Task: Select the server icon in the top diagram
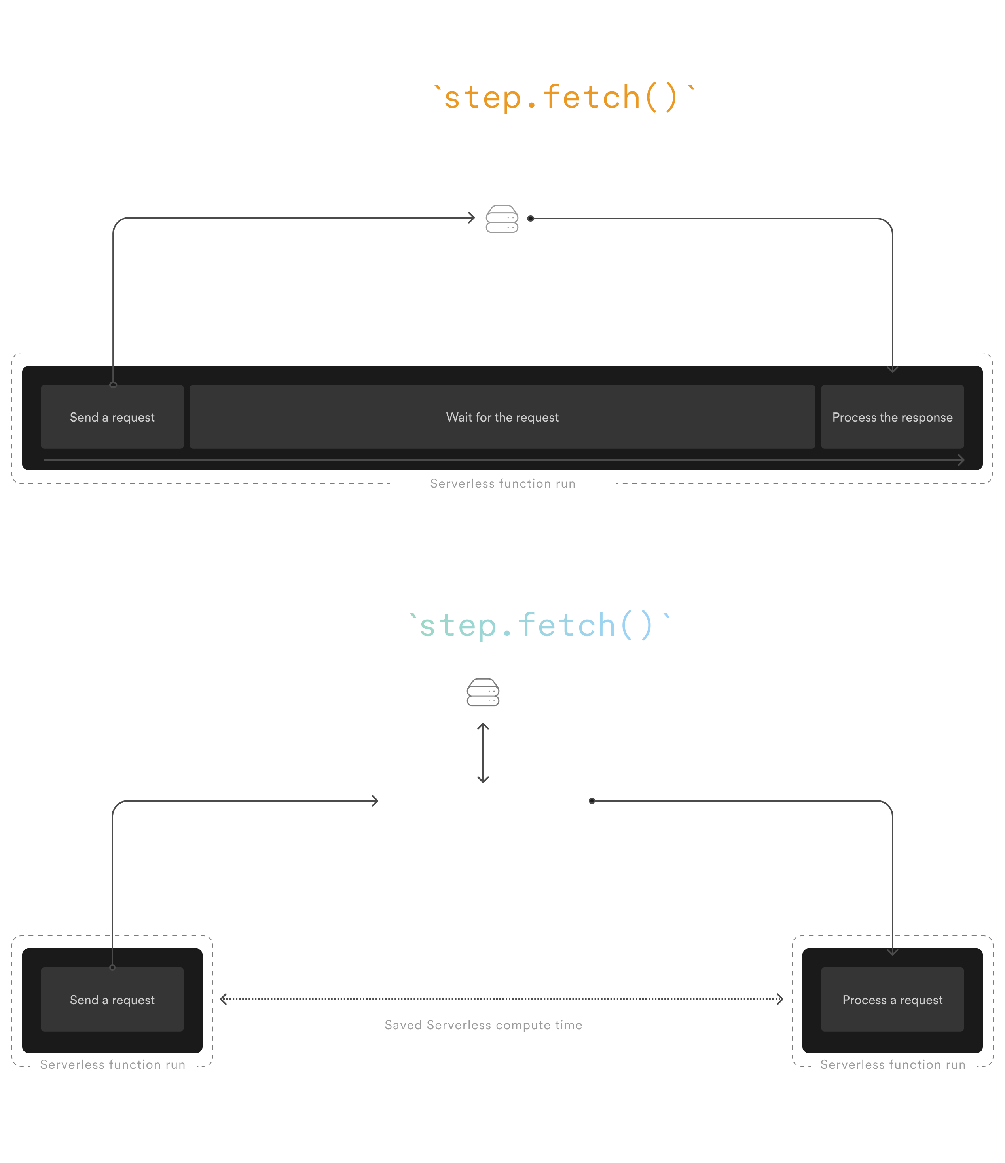(x=502, y=219)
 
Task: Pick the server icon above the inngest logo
(x=483, y=692)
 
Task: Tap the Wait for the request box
(x=502, y=417)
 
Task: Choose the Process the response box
(x=892, y=417)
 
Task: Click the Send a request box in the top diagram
(x=112, y=417)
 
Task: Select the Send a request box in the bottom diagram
(x=112, y=1000)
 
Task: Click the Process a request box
(x=892, y=1000)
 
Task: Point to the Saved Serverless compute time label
(x=483, y=1025)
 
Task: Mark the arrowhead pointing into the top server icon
(x=471, y=218)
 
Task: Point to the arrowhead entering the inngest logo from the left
(x=375, y=801)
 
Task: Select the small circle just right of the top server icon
(x=530, y=219)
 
